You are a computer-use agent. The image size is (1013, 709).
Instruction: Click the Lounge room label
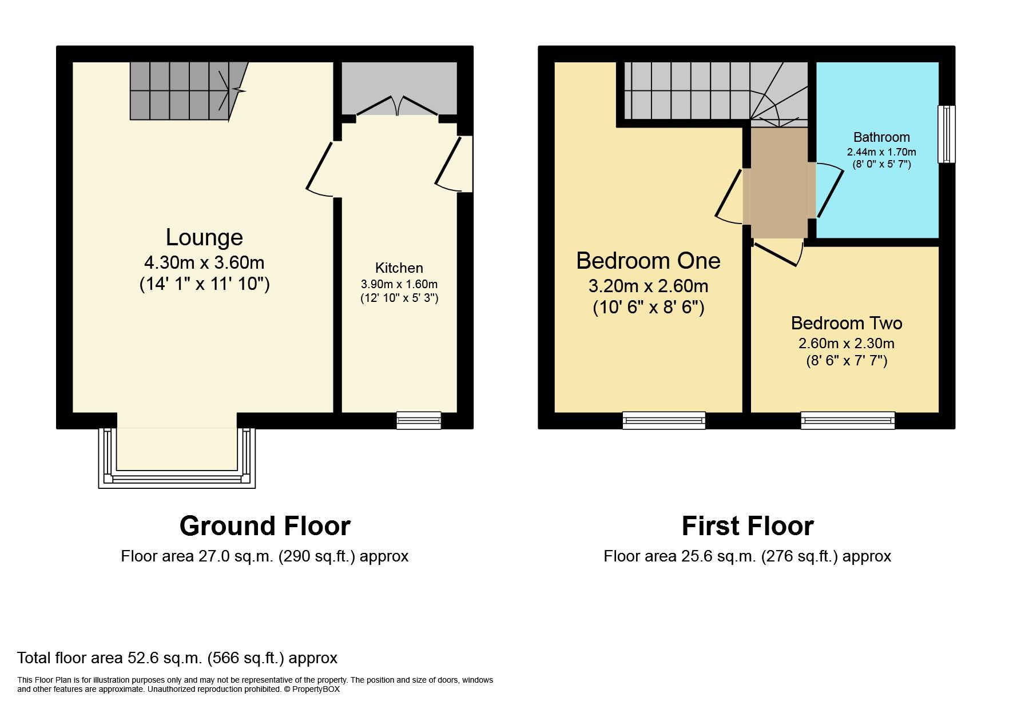pos(204,237)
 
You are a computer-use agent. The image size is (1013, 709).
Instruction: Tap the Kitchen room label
pos(399,268)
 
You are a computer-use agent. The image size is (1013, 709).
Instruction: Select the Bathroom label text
pos(881,137)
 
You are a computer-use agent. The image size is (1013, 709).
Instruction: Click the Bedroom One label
pos(647,261)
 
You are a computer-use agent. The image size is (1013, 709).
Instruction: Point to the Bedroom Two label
pos(846,323)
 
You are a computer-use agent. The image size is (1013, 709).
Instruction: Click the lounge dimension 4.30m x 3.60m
pos(204,263)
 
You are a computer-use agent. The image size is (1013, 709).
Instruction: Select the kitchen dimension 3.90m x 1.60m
pos(399,284)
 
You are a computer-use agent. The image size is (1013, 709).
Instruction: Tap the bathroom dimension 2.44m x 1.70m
pos(881,152)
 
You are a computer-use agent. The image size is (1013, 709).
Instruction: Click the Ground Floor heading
pos(264,526)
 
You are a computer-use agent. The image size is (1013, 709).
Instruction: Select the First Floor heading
pos(747,526)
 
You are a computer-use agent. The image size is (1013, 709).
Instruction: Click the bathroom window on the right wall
pos(946,134)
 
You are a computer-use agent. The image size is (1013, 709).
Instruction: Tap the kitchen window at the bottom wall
pos(419,421)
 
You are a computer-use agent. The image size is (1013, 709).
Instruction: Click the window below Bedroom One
pos(664,421)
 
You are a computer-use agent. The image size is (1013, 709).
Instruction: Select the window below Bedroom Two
pos(847,421)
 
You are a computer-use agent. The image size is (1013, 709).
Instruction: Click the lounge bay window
pos(177,478)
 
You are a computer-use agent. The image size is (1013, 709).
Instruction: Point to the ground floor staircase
pos(180,90)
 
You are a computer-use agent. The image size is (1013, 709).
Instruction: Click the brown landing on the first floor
pos(778,183)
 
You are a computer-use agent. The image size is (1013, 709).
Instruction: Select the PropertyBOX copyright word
pos(316,690)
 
